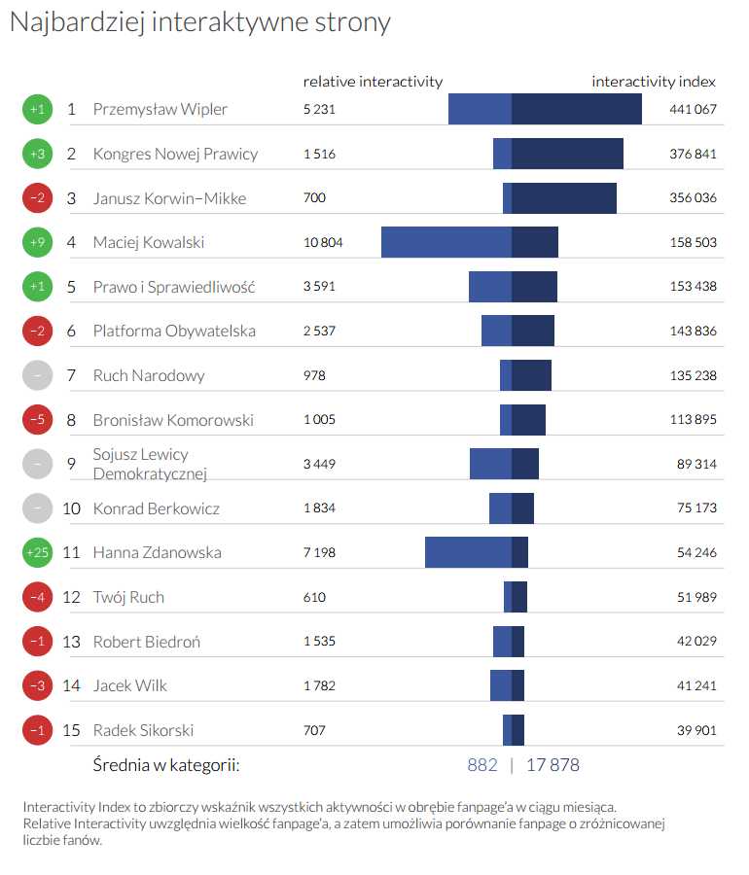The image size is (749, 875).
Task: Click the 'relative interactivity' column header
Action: tap(373, 82)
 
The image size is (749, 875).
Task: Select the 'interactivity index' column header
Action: tap(654, 82)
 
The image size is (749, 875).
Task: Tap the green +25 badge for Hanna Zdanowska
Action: tap(37, 552)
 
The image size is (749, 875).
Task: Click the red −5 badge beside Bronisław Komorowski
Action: tap(37, 419)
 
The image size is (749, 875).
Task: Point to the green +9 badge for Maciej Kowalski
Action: tap(37, 242)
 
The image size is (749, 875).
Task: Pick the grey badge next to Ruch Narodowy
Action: tap(37, 375)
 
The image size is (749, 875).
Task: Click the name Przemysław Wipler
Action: tap(160, 109)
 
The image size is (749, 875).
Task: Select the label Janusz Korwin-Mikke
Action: tap(169, 198)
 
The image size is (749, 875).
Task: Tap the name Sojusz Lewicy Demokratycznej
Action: tap(150, 464)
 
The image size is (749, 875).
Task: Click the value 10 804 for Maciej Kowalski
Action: tap(323, 242)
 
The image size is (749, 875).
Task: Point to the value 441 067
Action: tap(693, 109)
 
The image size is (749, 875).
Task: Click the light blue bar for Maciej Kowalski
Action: tap(446, 242)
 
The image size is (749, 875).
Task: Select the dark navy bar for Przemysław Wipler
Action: tap(577, 109)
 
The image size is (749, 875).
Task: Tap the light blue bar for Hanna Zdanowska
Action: tap(468, 552)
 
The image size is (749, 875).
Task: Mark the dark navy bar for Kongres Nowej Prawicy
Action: tap(567, 154)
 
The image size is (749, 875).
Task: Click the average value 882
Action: tap(482, 765)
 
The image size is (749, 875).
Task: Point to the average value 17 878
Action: tap(553, 765)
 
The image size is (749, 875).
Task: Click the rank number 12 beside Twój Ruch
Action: tap(71, 597)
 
